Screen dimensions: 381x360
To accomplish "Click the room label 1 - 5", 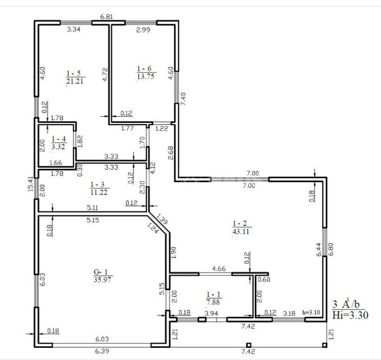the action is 74,73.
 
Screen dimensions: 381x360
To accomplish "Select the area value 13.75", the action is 145,76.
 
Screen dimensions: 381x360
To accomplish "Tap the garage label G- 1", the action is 101,272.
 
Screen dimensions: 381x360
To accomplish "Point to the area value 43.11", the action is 241,231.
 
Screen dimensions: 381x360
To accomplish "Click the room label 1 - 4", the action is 59,139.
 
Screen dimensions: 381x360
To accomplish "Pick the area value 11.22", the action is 99,192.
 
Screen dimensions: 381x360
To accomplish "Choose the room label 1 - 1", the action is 214,294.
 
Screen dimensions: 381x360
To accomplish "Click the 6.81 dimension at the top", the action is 107,17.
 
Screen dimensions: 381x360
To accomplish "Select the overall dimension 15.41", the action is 31,184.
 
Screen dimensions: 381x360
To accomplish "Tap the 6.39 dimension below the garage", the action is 102,351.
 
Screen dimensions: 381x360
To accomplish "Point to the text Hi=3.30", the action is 350,315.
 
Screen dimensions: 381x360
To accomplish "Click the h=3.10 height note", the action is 311,312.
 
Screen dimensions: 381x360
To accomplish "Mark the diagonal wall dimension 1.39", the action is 161,219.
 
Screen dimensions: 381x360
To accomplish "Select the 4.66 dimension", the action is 219,269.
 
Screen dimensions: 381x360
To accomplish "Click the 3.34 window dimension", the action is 73,29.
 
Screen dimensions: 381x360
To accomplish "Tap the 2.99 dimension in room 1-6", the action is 143,30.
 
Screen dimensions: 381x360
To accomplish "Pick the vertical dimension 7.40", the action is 184,99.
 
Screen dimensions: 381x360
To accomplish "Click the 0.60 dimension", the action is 264,280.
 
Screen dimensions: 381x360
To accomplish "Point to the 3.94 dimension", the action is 211,313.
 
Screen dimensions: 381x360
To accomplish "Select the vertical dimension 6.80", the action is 331,249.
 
